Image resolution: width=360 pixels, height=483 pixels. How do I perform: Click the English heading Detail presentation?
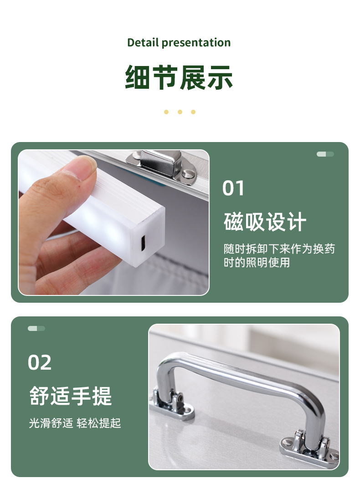coord(179,42)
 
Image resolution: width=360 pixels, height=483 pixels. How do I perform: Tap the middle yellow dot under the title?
coord(180,112)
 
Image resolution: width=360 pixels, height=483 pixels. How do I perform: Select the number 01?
coord(233,188)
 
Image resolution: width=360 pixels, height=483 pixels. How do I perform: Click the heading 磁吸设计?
coord(265,222)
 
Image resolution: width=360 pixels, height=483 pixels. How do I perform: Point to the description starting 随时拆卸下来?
coord(279,255)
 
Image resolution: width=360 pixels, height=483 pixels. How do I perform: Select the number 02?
coord(40,362)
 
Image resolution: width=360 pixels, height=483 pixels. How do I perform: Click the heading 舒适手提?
coord(70,396)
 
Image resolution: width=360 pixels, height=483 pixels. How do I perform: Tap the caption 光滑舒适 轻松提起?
coord(75,423)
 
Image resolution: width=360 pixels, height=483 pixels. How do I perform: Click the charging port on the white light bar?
coord(143,243)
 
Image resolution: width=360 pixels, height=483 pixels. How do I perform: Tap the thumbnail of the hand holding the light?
coord(114,223)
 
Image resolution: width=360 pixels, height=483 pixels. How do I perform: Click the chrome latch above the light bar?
coord(161,166)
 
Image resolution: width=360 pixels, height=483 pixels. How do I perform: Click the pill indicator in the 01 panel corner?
coord(325,154)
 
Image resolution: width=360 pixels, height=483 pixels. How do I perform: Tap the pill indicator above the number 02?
coord(36,328)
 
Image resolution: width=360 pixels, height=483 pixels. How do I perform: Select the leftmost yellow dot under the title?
coord(166,112)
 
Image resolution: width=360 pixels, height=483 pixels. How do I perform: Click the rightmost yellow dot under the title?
coord(193,112)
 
